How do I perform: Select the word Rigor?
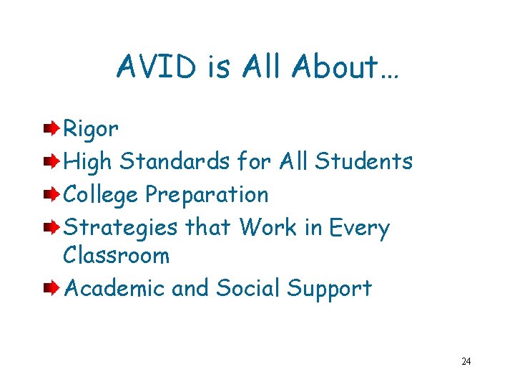coord(91,130)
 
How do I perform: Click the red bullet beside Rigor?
coord(50,129)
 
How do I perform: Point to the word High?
coord(89,162)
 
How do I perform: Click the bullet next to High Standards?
coord(50,161)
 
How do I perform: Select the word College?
coord(102,194)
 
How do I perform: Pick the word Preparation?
coord(207,195)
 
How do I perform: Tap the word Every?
coord(359,228)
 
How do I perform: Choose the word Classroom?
coord(116,255)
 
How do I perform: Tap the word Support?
coord(329,289)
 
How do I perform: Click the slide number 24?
coord(466,361)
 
